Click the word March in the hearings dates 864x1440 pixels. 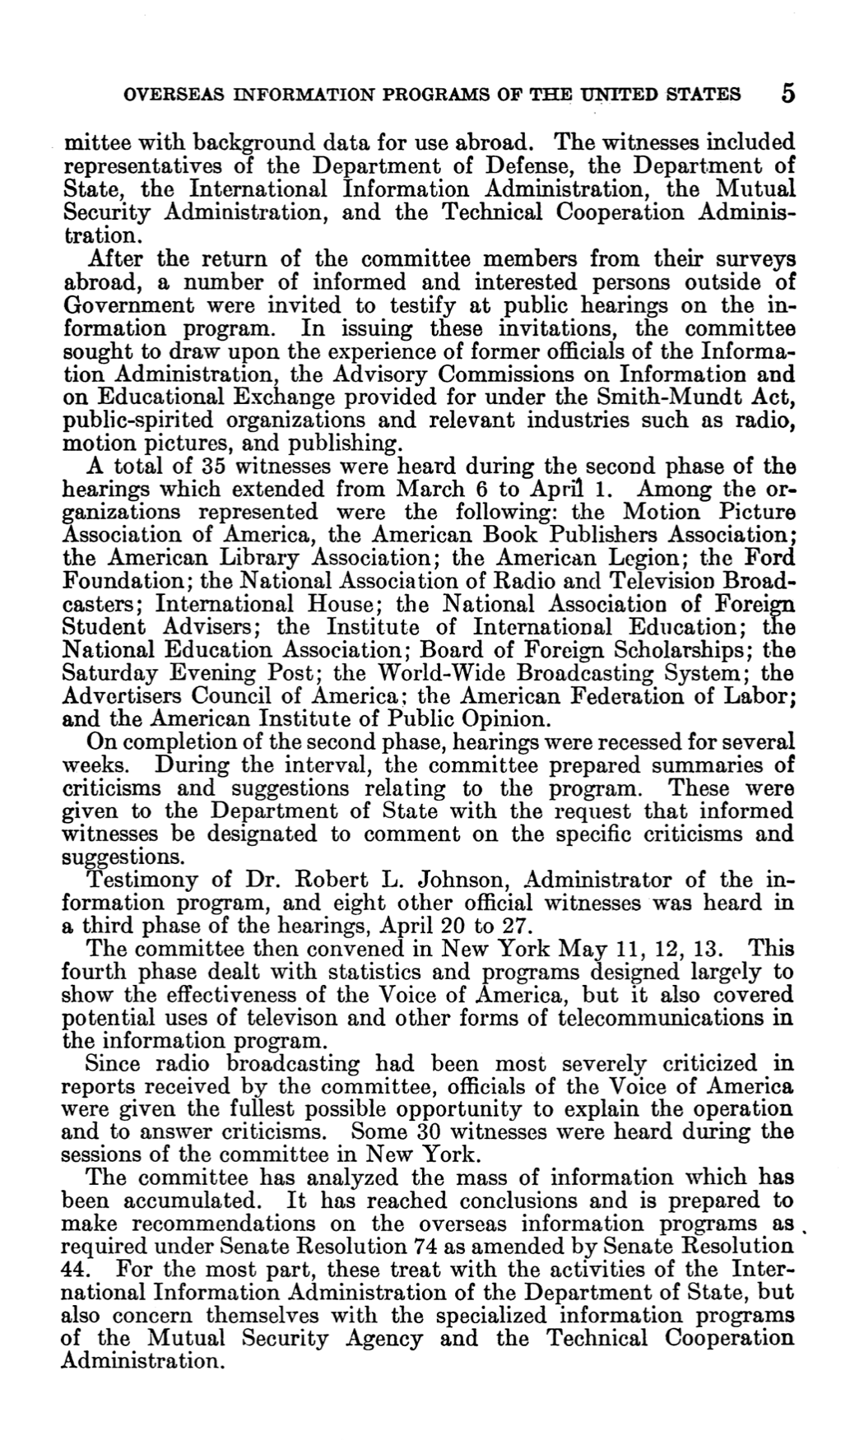pos(430,490)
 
